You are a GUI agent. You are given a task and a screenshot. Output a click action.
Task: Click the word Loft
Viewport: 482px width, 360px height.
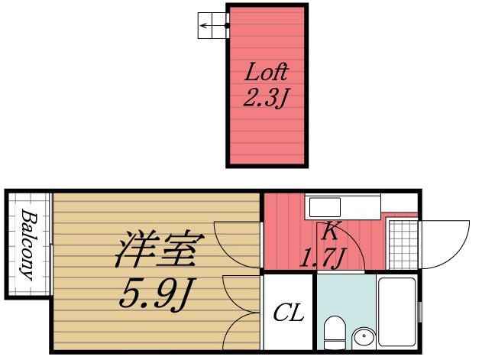266,73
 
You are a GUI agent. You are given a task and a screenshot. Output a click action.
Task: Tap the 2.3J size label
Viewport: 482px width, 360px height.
266,99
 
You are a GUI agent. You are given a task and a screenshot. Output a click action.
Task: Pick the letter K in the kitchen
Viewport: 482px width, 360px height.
330,229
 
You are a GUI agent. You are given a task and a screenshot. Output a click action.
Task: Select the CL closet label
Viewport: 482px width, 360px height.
289,312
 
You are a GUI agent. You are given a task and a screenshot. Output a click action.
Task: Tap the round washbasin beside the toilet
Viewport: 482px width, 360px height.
364,337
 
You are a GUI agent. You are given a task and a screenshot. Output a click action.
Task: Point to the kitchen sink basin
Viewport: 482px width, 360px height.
325,206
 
